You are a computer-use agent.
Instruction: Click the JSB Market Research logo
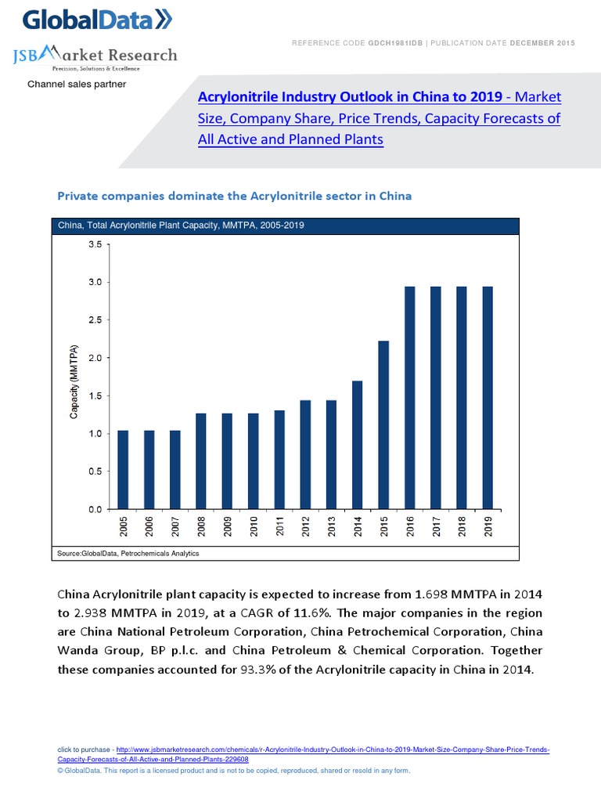pyautogui.click(x=95, y=56)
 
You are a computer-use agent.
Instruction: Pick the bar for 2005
pyautogui.click(x=123, y=469)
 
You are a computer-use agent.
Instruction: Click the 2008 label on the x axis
pyautogui.click(x=202, y=526)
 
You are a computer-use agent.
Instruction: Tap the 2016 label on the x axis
pyautogui.click(x=410, y=526)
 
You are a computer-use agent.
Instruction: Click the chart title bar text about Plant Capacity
pyautogui.click(x=182, y=226)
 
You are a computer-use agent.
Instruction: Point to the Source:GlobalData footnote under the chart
pyautogui.click(x=128, y=554)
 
